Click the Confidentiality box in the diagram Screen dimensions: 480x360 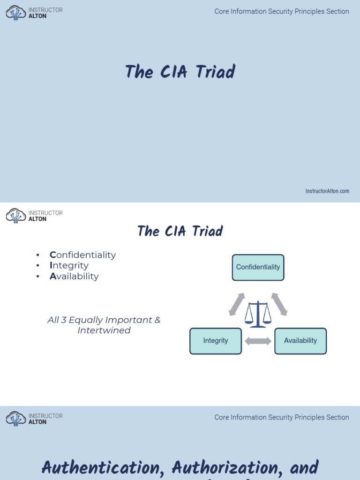coord(258,268)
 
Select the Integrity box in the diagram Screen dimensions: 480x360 coord(216,341)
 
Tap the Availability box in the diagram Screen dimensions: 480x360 coord(300,341)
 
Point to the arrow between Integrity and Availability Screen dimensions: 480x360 coord(258,341)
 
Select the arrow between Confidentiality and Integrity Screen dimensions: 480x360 coord(237,304)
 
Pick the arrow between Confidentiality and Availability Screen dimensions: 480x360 coord(279,304)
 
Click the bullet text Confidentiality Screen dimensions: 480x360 coord(82,255)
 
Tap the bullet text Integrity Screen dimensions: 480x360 coord(69,265)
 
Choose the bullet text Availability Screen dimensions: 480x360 coord(74,276)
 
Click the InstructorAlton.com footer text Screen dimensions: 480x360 coord(327,191)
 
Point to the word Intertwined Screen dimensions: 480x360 coord(104,330)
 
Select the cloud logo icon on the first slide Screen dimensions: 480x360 coord(16,13)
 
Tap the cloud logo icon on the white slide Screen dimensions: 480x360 coord(16,216)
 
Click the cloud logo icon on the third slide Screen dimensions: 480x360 coord(16,419)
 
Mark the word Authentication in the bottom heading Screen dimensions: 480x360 coord(104,467)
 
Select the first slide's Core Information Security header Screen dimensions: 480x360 coord(282,11)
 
